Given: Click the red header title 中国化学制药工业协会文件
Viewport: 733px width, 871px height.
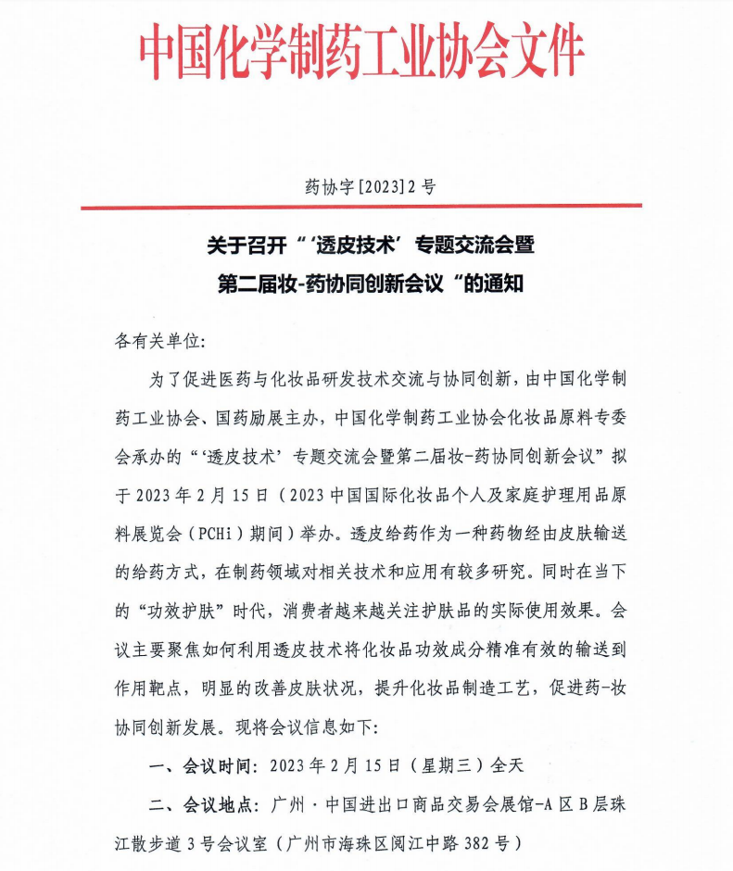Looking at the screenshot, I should point(364,48).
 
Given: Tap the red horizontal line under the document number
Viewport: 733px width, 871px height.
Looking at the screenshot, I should point(366,207).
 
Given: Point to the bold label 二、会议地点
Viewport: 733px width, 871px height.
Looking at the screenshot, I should point(206,804).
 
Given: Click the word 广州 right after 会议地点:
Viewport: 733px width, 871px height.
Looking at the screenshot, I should point(290,804).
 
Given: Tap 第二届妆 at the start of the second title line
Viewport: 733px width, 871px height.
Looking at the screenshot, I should point(251,283).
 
